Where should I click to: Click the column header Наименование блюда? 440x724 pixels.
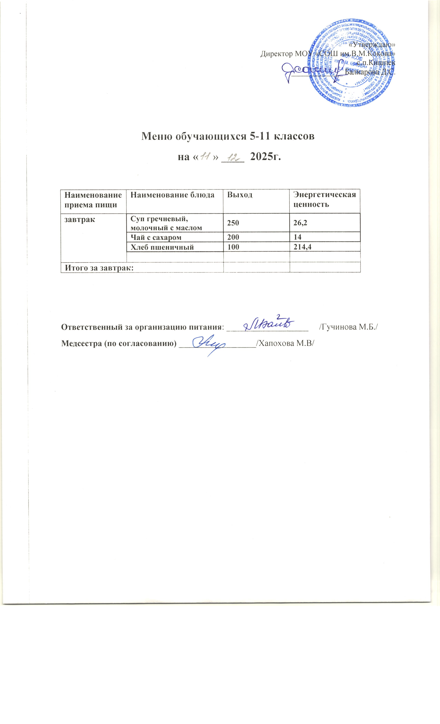(x=172, y=195)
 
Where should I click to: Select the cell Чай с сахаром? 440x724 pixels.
(x=156, y=237)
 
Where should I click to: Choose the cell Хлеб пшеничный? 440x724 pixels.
(x=162, y=247)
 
